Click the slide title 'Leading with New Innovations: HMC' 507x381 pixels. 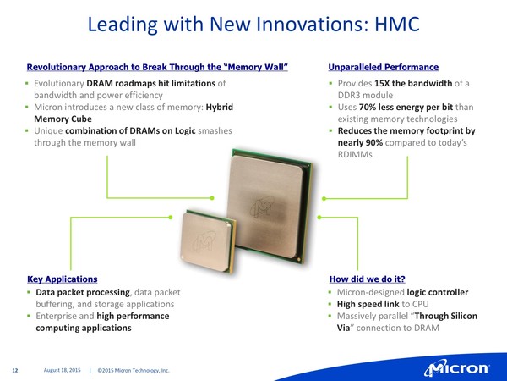(253, 24)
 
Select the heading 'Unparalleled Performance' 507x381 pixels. (384, 67)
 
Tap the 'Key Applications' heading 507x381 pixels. (63, 279)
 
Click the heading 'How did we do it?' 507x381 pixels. (368, 279)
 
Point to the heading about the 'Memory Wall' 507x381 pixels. (157, 67)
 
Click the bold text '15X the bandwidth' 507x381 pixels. (413, 83)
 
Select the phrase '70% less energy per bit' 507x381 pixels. (406, 107)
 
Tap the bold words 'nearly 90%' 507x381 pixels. (360, 142)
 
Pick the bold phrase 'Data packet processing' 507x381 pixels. (83, 292)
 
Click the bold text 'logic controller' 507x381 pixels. (438, 292)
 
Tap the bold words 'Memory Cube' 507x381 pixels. (63, 119)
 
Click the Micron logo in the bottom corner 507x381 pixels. (457, 368)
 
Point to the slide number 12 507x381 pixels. (15, 370)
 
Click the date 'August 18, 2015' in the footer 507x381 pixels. (62, 370)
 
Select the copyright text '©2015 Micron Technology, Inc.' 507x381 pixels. (134, 370)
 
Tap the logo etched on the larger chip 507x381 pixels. (262, 207)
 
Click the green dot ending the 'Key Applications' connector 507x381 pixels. (171, 218)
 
